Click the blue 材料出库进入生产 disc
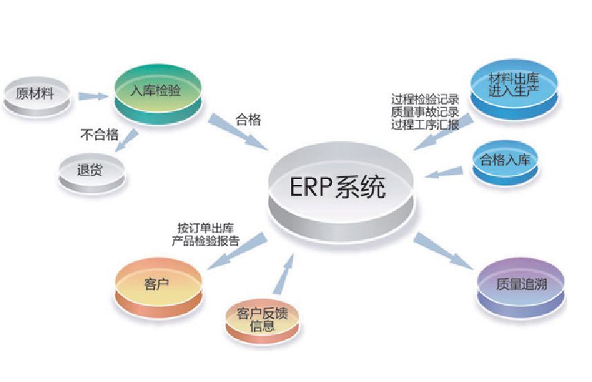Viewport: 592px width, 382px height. click(514, 86)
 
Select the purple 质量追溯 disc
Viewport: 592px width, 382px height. click(520, 284)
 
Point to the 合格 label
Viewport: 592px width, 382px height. click(247, 121)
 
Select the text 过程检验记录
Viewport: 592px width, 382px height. click(425, 99)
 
